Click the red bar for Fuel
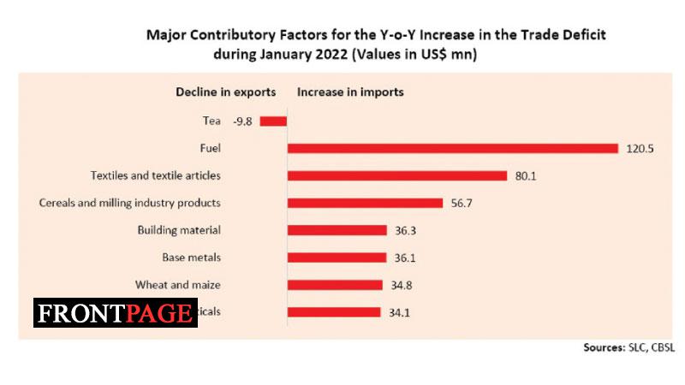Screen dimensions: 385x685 pos(452,148)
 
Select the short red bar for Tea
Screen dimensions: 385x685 pos(273,121)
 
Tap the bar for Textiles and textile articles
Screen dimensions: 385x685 pos(397,175)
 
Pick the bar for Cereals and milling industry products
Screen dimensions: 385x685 pos(365,203)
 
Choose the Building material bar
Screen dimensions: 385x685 pos(337,230)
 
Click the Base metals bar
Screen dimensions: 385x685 pos(337,257)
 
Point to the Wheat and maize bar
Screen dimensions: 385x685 pos(335,284)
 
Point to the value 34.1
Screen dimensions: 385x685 pos(400,312)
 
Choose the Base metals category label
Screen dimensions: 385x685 pos(192,257)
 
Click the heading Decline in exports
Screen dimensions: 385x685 pos(226,92)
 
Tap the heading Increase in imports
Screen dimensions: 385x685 pos(350,92)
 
